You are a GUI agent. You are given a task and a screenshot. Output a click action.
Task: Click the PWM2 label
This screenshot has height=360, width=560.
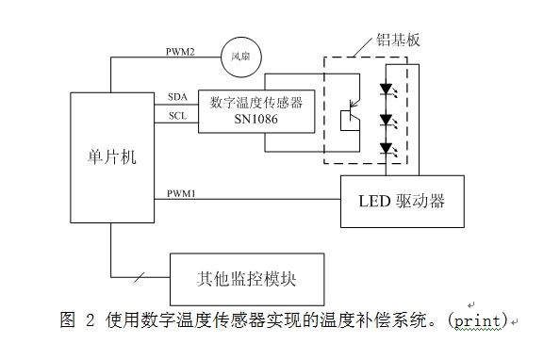[180, 53]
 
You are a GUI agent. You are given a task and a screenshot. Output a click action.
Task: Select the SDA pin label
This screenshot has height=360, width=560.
[177, 96]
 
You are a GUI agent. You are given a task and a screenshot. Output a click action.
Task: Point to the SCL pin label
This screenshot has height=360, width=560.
[177, 116]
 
